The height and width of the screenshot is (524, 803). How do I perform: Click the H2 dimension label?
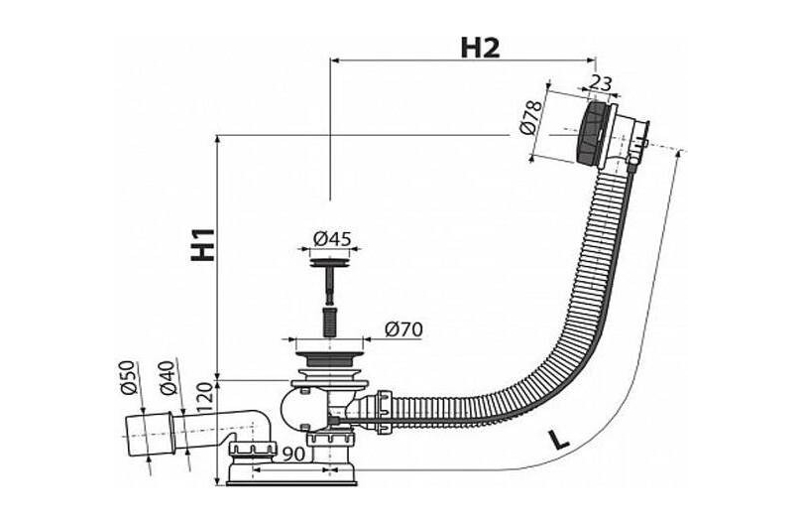tap(480, 48)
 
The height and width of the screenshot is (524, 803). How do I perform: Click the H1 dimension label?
tap(203, 244)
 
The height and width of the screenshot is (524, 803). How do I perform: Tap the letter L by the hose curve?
tap(559, 440)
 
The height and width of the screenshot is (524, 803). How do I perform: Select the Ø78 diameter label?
tap(531, 117)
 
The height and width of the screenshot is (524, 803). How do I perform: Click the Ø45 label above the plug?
tap(332, 238)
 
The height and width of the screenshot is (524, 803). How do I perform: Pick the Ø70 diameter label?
tap(404, 329)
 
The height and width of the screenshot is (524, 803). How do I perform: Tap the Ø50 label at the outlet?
tap(128, 377)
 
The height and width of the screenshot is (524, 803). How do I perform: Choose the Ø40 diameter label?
tap(168, 377)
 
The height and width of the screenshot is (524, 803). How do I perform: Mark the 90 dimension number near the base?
tap(294, 454)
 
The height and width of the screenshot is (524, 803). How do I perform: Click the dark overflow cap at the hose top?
tap(593, 133)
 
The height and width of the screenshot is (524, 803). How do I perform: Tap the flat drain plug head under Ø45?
tap(331, 263)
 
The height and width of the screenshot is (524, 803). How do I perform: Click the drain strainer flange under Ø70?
tap(328, 355)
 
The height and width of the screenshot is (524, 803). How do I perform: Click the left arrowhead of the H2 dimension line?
tap(335, 61)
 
